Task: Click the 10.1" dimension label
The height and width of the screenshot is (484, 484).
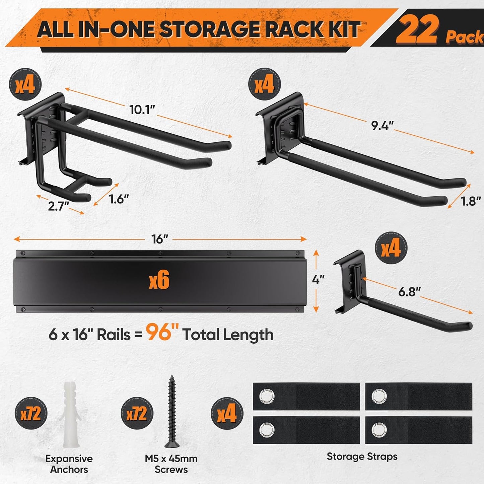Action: (x=142, y=110)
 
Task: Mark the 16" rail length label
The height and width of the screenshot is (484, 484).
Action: (x=159, y=239)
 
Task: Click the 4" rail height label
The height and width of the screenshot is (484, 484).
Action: (x=318, y=279)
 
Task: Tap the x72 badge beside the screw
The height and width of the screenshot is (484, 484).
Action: (x=137, y=414)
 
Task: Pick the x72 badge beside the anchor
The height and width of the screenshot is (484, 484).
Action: (x=31, y=414)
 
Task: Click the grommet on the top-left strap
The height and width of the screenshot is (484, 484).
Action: (x=267, y=397)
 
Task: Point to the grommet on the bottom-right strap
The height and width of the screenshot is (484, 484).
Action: (x=379, y=430)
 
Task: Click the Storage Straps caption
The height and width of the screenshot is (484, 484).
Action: (x=362, y=457)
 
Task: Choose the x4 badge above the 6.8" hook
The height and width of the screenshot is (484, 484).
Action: (x=391, y=249)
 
